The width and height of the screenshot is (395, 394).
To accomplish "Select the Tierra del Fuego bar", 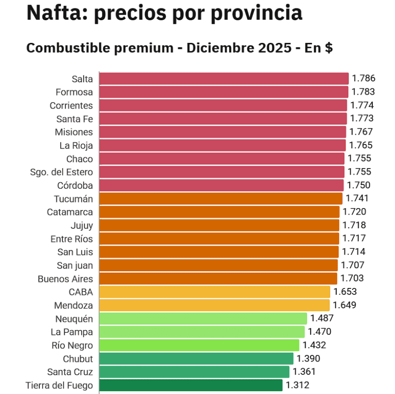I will [191, 385].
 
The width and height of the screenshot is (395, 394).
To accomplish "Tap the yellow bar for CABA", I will [214, 291].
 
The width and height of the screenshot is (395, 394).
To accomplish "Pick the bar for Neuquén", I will [203, 318].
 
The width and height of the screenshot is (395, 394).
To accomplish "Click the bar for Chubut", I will [196, 358].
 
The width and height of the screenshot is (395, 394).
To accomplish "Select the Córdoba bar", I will [221, 185].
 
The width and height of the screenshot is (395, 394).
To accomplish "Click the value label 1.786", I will [363, 78].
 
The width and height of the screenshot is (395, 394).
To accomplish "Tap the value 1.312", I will [297, 385].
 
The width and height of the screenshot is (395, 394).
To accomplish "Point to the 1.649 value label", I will [344, 305].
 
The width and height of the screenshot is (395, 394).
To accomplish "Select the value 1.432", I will [314, 345].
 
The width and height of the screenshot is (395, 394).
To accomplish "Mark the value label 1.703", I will [352, 278].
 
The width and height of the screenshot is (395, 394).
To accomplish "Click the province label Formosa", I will [74, 92].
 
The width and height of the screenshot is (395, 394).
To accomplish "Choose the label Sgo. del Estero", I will [62, 172].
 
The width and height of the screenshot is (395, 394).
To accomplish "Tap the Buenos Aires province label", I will [65, 279].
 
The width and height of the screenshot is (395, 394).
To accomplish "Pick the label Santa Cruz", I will [70, 372].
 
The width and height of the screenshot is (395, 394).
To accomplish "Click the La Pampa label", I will [72, 331].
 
